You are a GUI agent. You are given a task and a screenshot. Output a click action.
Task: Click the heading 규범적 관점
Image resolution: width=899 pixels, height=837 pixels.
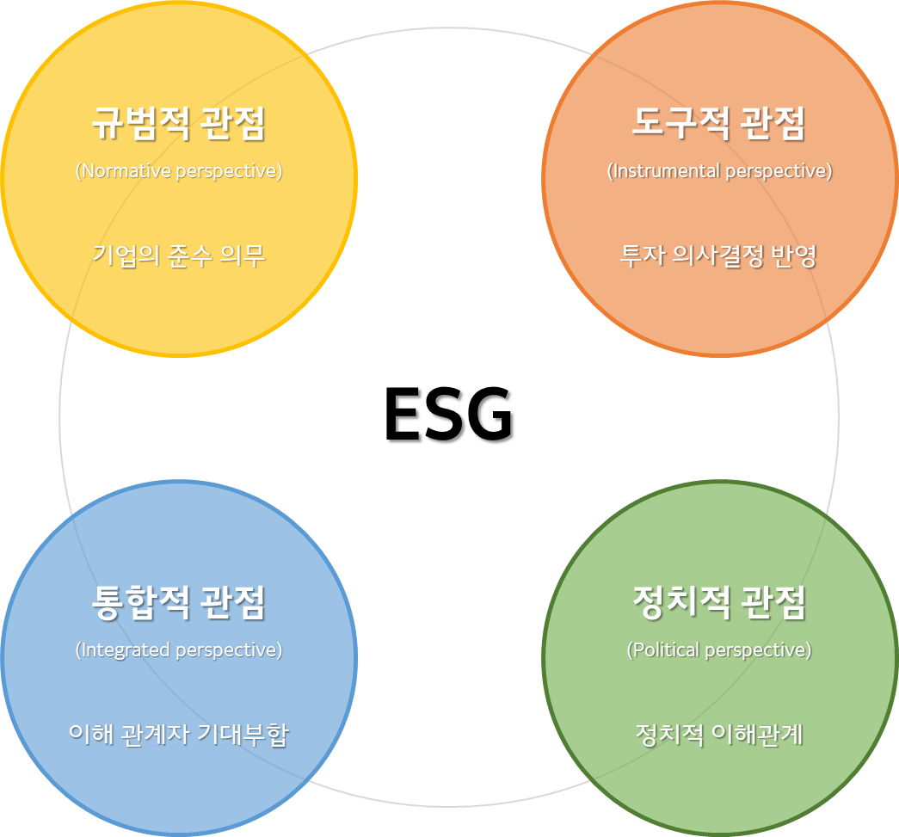[178, 125]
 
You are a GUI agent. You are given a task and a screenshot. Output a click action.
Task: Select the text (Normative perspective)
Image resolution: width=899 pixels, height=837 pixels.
[178, 171]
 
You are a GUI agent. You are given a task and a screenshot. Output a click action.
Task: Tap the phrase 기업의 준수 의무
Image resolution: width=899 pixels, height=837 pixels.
[178, 255]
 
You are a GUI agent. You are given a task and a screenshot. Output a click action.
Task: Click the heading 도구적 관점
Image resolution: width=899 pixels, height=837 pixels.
[718, 125]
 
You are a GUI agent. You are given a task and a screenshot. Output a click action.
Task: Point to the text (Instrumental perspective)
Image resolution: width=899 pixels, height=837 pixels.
[719, 171]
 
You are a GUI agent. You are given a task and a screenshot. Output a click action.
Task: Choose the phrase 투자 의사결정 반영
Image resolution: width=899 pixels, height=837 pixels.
[718, 255]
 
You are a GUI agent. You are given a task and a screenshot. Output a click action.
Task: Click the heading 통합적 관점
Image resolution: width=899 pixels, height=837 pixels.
[178, 602]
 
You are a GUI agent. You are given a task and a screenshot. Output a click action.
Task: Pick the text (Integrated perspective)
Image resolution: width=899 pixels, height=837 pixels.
[178, 649]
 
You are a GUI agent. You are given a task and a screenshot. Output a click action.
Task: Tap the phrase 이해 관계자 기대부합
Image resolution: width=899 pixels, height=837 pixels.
[178, 735]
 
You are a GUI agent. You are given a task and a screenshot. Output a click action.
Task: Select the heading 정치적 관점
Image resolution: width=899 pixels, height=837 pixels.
[718, 602]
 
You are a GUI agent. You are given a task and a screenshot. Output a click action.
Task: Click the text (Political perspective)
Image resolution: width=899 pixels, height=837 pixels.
[718, 649]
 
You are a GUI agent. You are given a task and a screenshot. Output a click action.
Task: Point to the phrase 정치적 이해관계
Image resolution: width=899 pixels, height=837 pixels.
[718, 735]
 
